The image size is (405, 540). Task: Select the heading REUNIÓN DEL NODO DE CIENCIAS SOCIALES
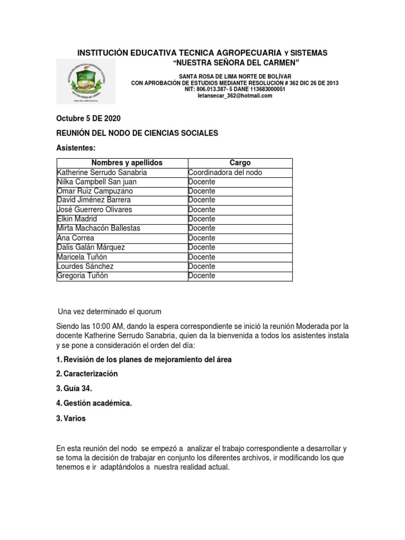coord(137,133)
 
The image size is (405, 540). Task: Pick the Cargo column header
coord(240,163)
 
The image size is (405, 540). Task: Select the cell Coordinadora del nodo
coord(225,172)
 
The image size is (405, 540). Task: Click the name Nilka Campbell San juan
coord(98,181)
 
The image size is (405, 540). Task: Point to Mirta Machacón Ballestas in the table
coord(99,228)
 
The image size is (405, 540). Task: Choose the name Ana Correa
coord(75,238)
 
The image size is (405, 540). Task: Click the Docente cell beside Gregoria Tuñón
coord(201,275)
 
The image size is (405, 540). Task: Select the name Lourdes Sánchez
coord(85,266)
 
